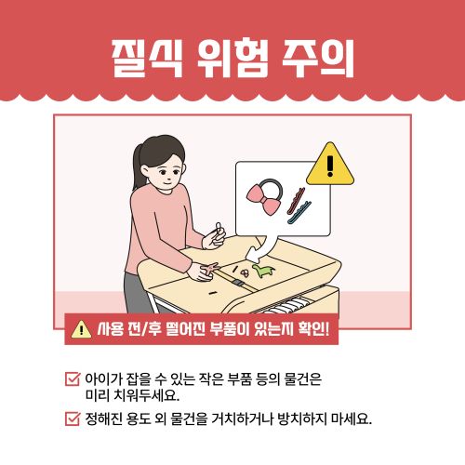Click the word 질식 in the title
(140, 61)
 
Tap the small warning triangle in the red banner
(82, 328)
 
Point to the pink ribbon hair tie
(261, 193)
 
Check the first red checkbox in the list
(72, 379)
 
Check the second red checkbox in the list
(72, 418)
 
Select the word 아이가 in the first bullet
(102, 379)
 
